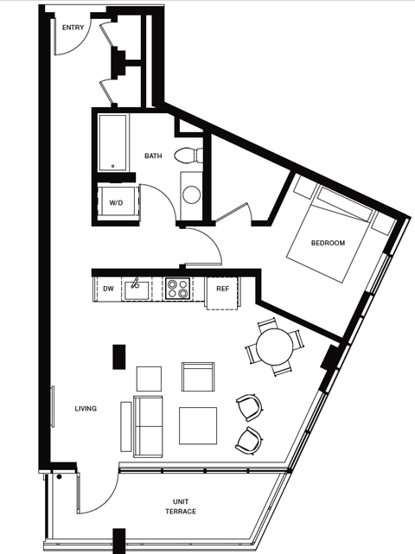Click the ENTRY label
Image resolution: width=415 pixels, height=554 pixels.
coord(73,28)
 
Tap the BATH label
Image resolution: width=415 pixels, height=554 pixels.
coord(153,156)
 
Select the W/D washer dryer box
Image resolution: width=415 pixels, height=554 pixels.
coord(115,202)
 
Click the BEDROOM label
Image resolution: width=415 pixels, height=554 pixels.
coord(328,243)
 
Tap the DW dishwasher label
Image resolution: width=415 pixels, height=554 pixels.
coord(109,289)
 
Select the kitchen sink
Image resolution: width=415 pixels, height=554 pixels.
coord(137,289)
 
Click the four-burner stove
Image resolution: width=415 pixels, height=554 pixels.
coord(177,288)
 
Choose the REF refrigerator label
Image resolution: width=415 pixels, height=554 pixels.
coord(222,289)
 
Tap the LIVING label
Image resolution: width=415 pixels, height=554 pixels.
coord(86,409)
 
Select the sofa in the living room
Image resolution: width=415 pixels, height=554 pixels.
coord(147,425)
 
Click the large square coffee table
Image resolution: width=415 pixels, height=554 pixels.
coord(198,425)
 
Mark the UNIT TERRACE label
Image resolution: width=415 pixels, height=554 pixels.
coord(181,506)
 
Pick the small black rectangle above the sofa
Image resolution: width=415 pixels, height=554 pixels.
coord(119,356)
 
